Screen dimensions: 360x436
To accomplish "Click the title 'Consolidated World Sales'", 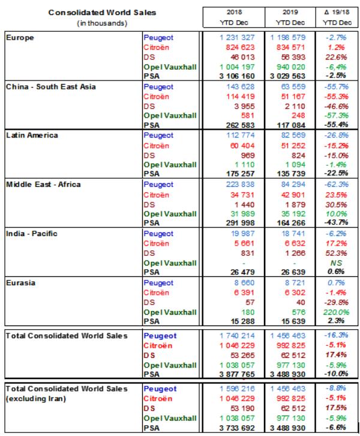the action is tap(102, 13).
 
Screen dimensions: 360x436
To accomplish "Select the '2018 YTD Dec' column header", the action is tap(234, 17).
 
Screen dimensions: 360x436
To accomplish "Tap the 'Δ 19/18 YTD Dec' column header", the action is tap(337, 17).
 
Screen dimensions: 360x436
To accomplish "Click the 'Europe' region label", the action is tap(20, 38).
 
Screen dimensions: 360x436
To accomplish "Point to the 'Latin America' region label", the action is tap(32, 135).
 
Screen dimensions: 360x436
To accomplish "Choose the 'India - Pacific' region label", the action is tap(32, 234).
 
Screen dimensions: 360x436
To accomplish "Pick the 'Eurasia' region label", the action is tap(20, 283).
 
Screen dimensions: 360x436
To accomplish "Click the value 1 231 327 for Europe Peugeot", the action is tap(237, 38).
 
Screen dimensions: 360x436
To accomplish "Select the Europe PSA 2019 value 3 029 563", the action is tap(287, 76).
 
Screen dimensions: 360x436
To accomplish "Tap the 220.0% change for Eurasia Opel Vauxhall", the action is tap(336, 312).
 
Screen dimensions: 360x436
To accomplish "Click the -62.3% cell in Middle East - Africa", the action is tap(336, 184).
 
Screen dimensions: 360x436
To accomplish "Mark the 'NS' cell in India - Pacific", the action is tap(336, 263).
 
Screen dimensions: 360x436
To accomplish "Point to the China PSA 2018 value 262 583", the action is tap(240, 125).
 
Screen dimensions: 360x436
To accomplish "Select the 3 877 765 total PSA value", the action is tap(237, 374).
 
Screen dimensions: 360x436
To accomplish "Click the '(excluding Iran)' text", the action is tap(36, 399).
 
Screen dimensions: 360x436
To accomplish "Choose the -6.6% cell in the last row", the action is tap(336, 428).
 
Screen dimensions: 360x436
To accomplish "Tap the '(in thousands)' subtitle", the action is tap(102, 23).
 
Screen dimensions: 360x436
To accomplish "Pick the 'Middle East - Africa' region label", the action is tap(43, 184).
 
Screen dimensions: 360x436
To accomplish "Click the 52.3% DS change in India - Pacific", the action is tap(336, 253).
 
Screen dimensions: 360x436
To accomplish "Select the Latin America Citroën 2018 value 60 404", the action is tap(242, 146).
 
